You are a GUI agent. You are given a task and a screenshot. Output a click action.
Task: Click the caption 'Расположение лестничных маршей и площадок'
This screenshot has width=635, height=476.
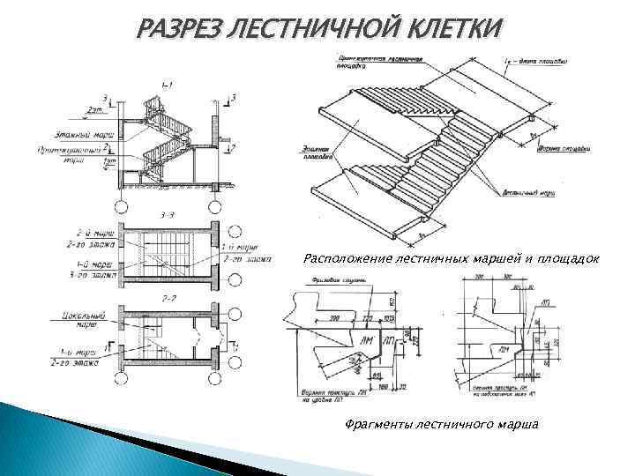(451, 260)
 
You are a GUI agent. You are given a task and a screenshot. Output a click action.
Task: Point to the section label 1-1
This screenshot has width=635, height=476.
(167, 85)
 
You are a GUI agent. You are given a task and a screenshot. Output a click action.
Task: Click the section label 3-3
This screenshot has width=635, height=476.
(167, 214)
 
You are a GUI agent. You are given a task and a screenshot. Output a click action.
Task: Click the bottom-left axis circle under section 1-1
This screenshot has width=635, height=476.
(123, 205)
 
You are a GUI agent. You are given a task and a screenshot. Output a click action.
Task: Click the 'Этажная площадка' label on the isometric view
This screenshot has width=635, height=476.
(325, 158)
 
